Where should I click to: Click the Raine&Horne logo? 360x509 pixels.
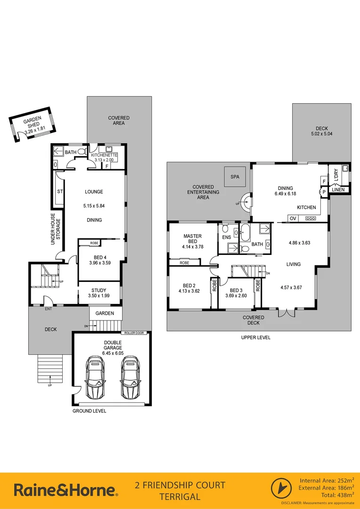pyautogui.click(x=66, y=490)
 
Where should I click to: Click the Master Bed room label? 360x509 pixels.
pyautogui.click(x=193, y=239)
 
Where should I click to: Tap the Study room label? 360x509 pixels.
pyautogui.click(x=99, y=290)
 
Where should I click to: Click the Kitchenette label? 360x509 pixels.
pyautogui.click(x=104, y=155)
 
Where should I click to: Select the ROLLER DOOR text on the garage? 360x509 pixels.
pyautogui.click(x=134, y=333)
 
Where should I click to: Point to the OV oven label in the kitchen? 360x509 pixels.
pyautogui.click(x=293, y=218)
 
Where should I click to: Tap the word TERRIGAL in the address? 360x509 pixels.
pyautogui.click(x=180, y=496)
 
